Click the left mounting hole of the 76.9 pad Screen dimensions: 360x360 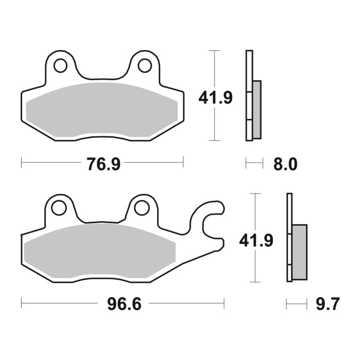pyautogui.click(x=61, y=65)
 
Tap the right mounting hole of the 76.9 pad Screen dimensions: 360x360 pyautogui.click(x=145, y=65)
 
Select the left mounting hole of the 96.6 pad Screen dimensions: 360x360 pyautogui.click(x=59, y=208)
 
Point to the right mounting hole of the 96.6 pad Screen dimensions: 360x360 pyautogui.click(x=141, y=208)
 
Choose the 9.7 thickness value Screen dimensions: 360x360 pyautogui.click(x=327, y=304)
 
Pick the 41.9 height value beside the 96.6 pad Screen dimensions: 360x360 pyautogui.click(x=256, y=240)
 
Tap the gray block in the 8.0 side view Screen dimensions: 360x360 pyautogui.click(x=257, y=109)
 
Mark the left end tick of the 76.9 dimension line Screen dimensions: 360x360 pyautogui.click(x=22, y=164)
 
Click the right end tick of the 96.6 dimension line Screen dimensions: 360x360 pyautogui.click(x=224, y=304)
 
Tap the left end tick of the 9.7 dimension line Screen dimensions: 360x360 pyautogui.click(x=287, y=304)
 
